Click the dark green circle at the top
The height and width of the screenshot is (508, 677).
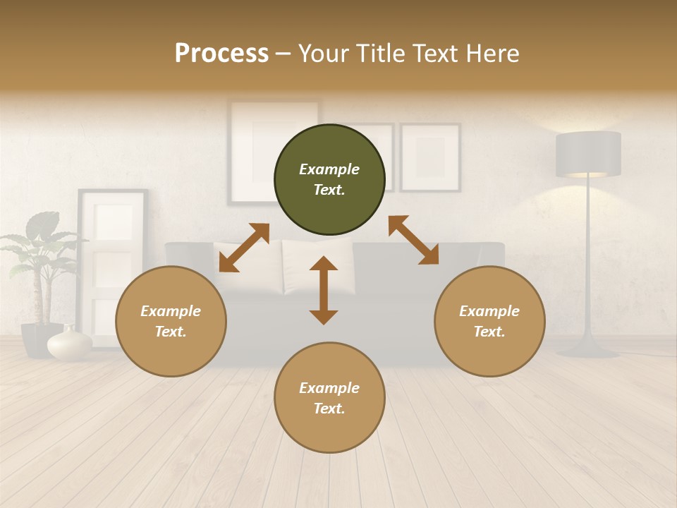(x=329, y=180)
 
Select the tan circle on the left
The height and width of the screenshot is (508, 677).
(x=171, y=321)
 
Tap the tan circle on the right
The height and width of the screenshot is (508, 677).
(x=489, y=321)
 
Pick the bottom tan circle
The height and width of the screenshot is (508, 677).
(x=329, y=398)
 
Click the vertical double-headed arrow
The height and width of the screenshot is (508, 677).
(x=324, y=290)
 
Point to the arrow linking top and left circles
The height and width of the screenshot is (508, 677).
(x=244, y=247)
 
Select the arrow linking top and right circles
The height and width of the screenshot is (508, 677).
(x=413, y=240)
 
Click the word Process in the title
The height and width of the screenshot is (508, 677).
(x=221, y=54)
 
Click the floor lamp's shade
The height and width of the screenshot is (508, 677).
(x=588, y=154)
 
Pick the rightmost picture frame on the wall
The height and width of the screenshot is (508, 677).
(x=430, y=157)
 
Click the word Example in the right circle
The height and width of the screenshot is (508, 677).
(x=489, y=311)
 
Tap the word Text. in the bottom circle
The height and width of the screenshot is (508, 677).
(x=329, y=409)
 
